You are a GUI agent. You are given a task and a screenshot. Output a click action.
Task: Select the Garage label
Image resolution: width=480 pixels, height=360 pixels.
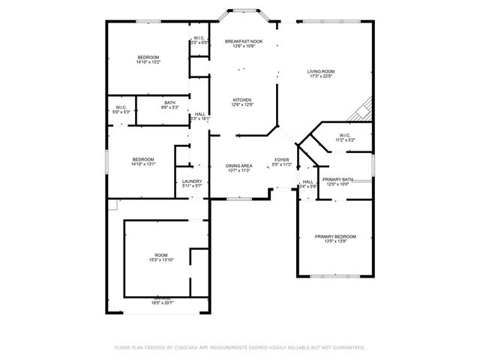click(x=163, y=300)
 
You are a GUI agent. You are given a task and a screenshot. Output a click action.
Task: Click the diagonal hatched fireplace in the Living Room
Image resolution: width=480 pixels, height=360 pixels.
click(x=363, y=110)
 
